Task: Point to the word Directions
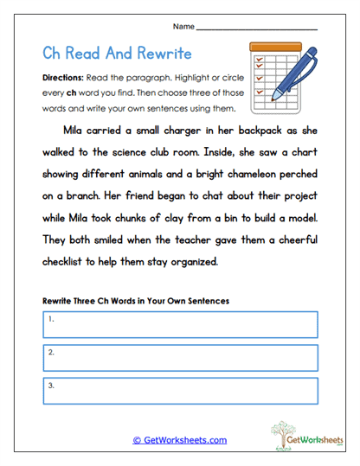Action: click(62, 77)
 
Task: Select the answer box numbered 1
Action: click(179, 323)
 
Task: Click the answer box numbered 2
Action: click(179, 356)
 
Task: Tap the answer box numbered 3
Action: click(179, 390)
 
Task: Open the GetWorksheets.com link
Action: click(179, 440)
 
